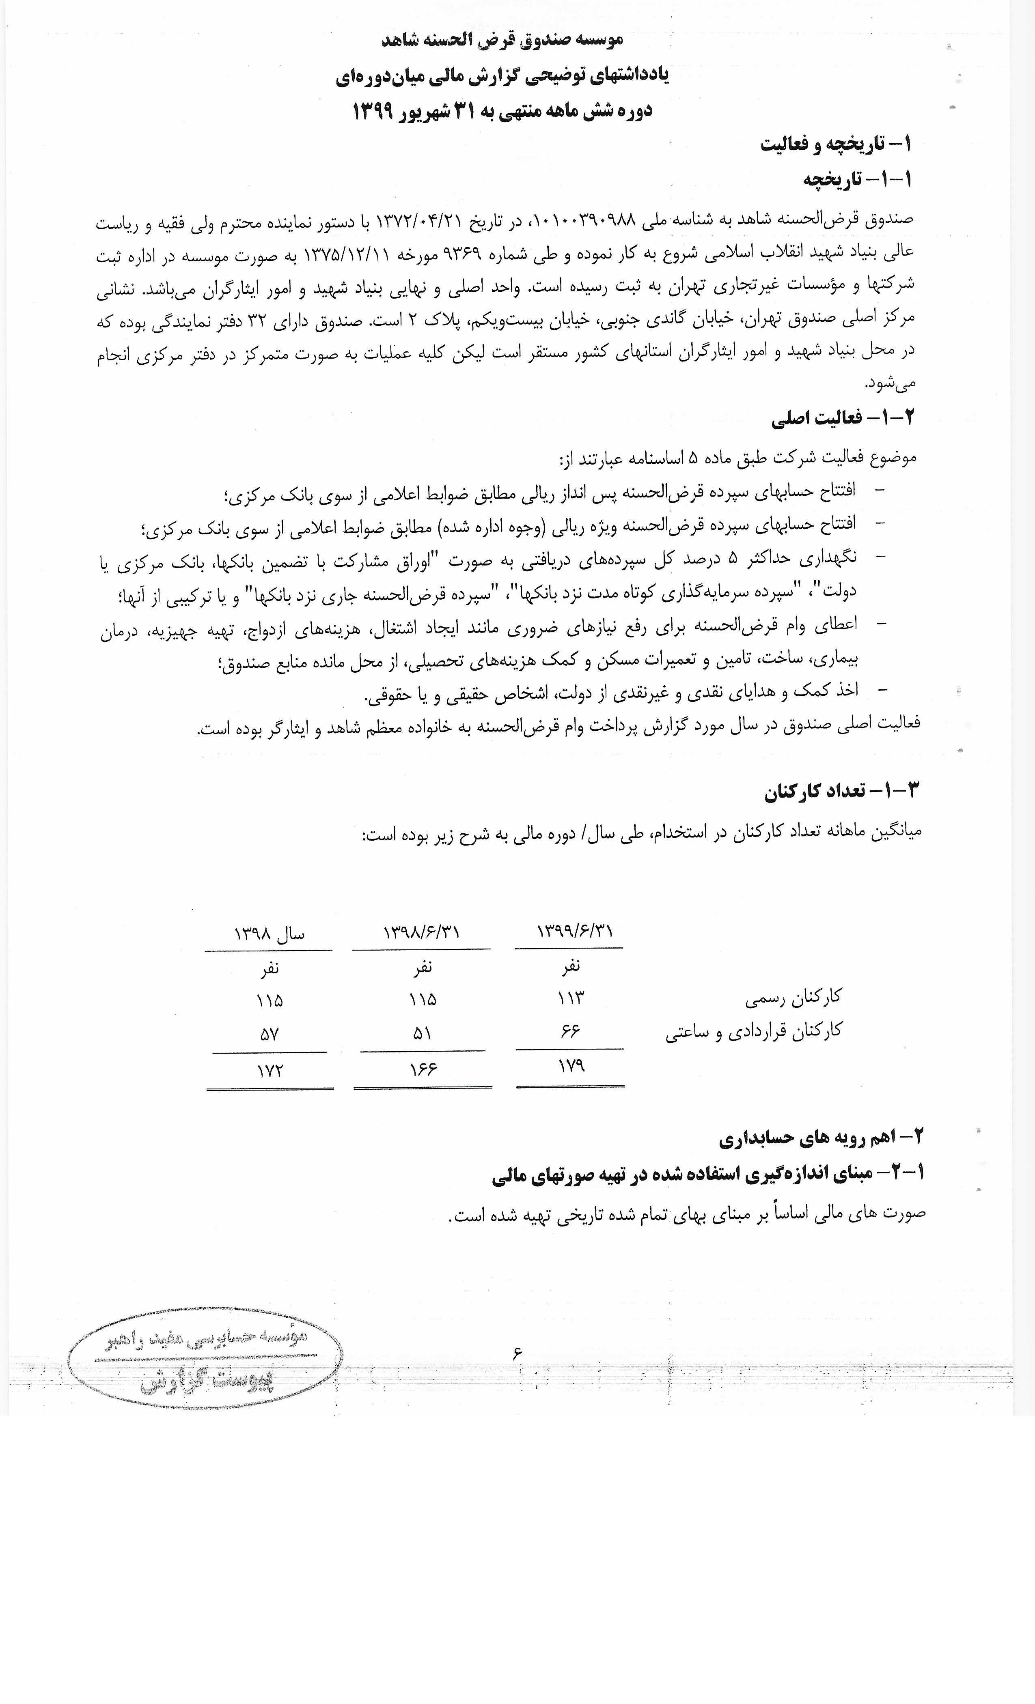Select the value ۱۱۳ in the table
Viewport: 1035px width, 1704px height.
(571, 998)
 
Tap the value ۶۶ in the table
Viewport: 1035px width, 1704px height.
(570, 1031)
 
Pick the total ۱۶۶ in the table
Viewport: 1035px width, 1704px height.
(422, 1069)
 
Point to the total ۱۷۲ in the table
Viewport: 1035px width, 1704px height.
(270, 1071)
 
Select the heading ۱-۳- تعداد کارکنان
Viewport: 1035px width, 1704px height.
(842, 790)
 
